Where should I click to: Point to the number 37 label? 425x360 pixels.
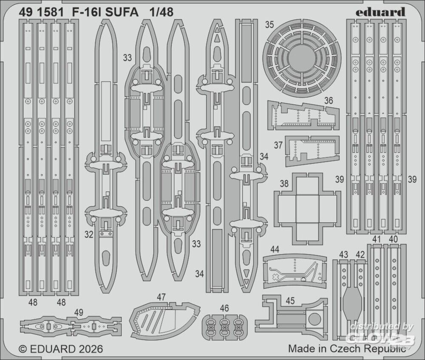coord(278,145)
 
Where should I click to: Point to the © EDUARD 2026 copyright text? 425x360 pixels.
coord(61,349)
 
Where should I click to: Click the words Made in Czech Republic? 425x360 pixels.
coord(346,349)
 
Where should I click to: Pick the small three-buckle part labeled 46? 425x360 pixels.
coord(224,326)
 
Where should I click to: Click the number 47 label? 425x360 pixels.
coord(161,296)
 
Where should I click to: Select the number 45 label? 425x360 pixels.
coord(290,300)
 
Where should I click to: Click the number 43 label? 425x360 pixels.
coord(344,254)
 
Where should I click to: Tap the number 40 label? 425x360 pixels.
coord(393,239)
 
